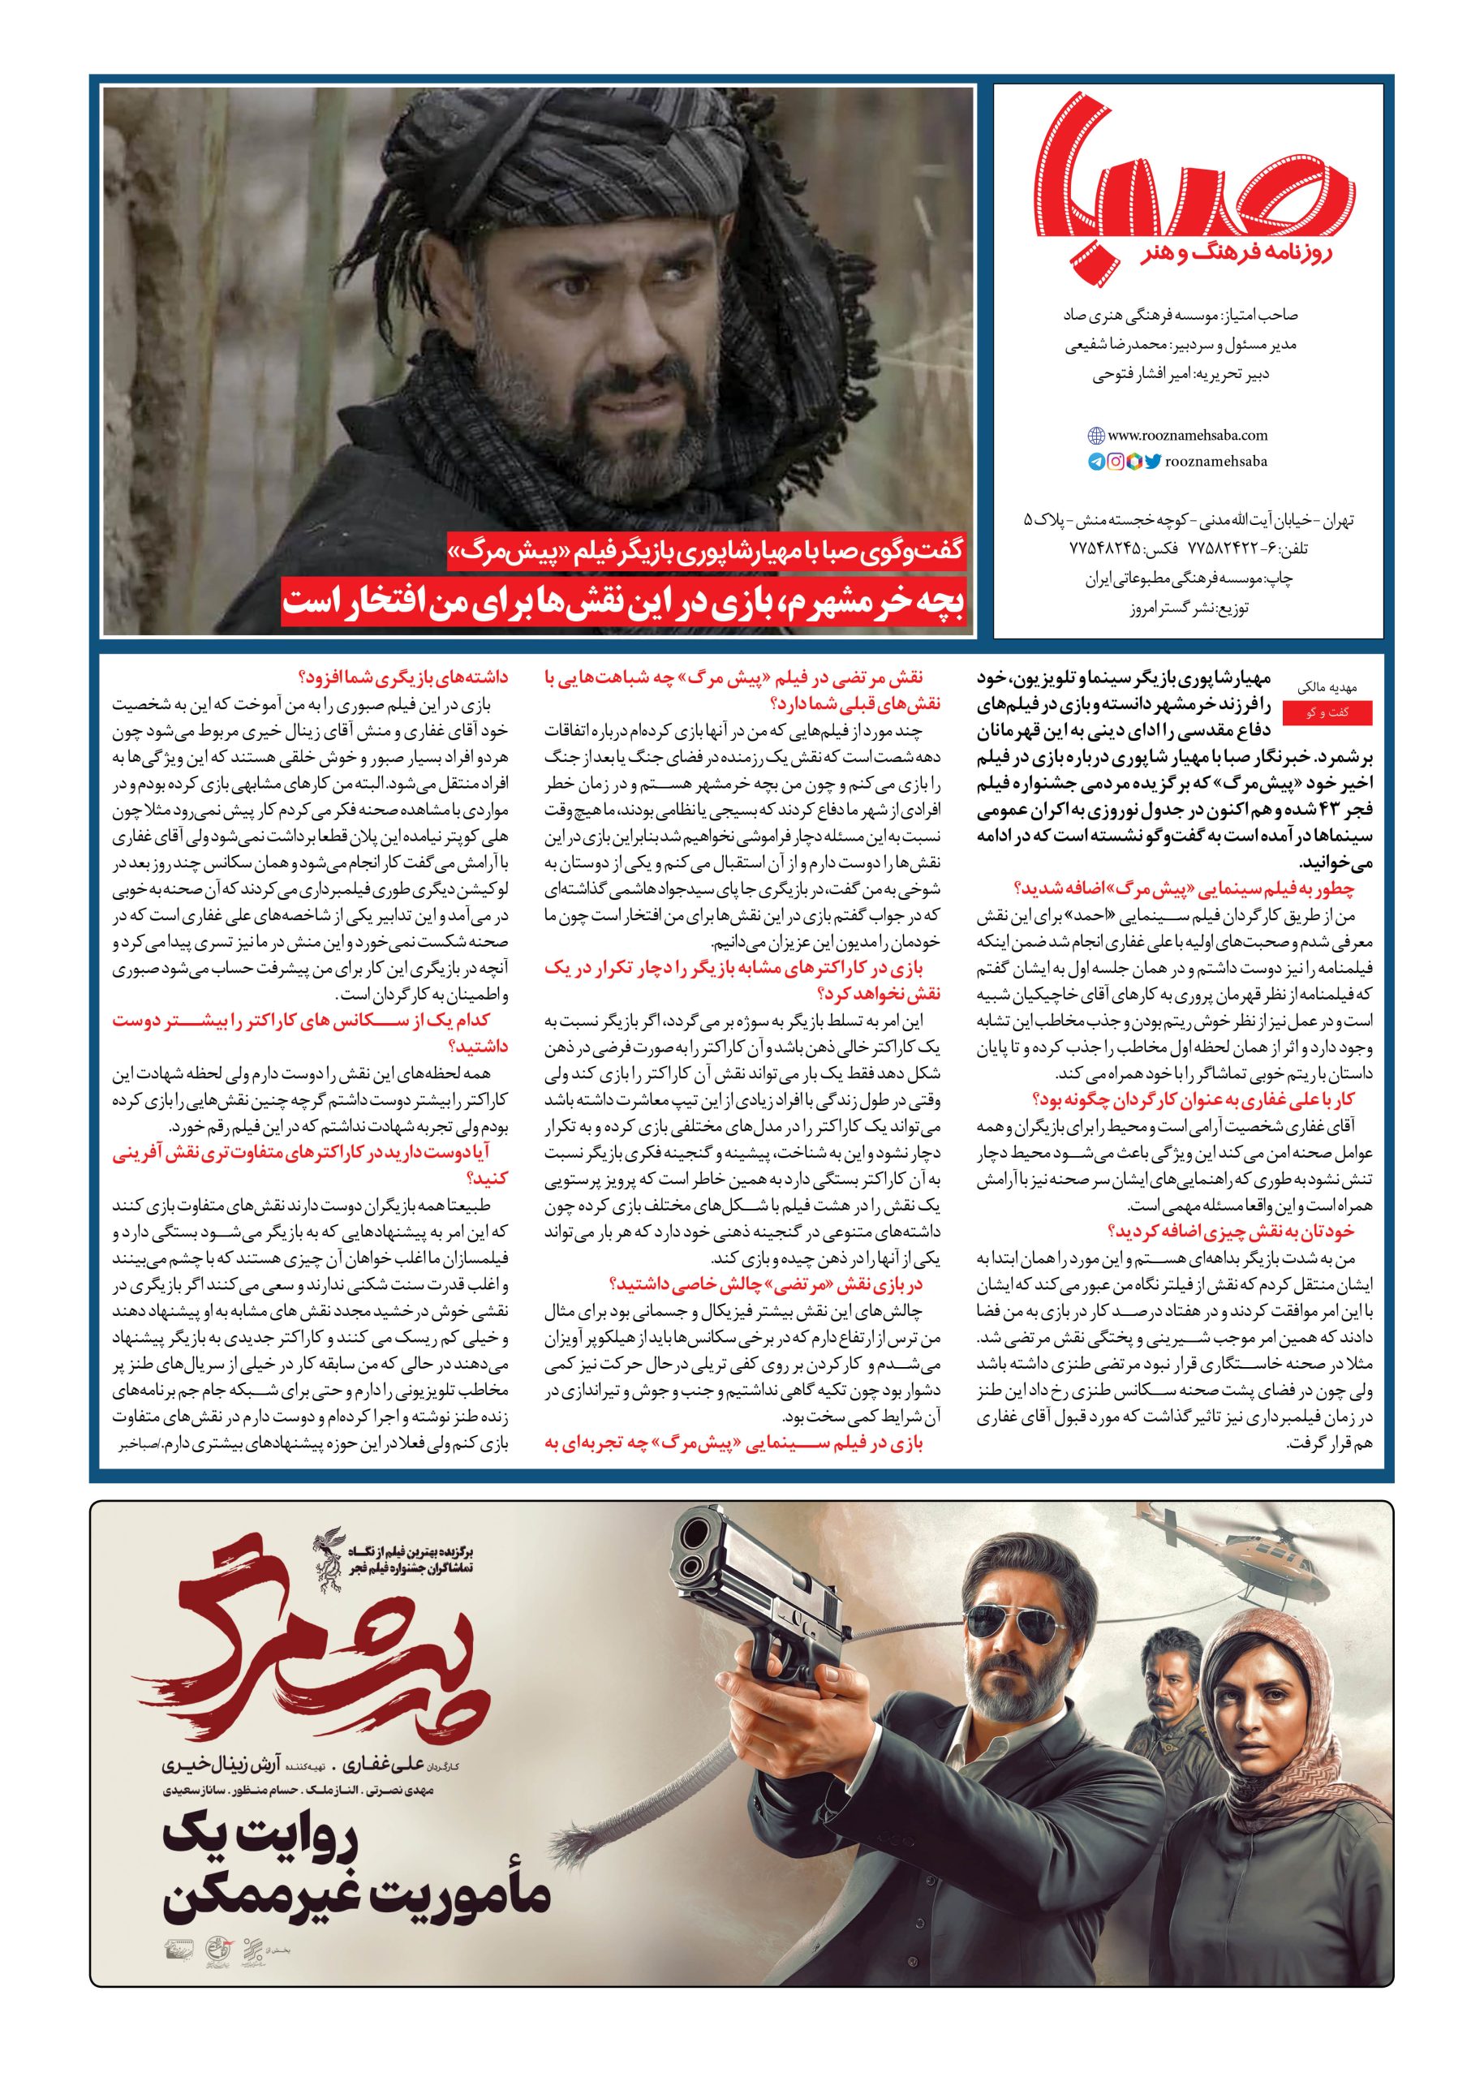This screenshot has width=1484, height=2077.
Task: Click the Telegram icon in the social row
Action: click(1095, 462)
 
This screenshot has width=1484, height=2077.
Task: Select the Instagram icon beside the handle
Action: click(1115, 462)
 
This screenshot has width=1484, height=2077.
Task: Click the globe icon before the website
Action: click(1095, 436)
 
